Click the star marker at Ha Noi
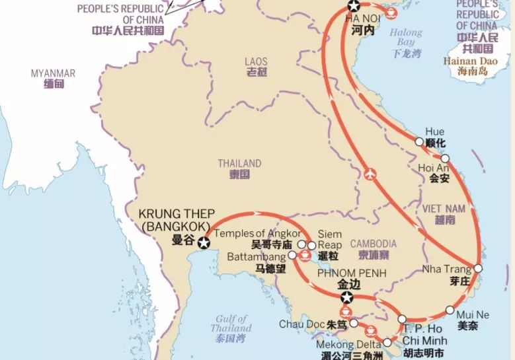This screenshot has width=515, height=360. coord(354,6)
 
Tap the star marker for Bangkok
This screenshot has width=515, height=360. coord(204,244)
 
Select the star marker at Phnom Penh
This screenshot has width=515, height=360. coord(346,297)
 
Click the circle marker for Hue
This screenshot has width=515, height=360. coord(419,141)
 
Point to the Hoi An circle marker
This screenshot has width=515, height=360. coord(445,159)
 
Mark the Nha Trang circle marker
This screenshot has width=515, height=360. coord(478,268)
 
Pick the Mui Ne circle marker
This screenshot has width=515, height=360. coord(450,310)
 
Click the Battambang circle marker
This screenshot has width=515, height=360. coord(293,254)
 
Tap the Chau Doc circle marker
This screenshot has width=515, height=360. coord(354,323)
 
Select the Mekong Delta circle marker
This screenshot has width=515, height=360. coord(387,343)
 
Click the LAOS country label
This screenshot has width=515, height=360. coord(256,61)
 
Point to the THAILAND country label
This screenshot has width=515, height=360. coord(239,163)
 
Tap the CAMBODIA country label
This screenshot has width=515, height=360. coord(374,244)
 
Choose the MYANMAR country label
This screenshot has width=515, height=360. coord(53,73)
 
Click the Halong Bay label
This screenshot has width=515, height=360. coord(406,37)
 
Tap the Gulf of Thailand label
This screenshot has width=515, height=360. coord(231,324)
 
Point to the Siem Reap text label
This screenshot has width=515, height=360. coord(330,239)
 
